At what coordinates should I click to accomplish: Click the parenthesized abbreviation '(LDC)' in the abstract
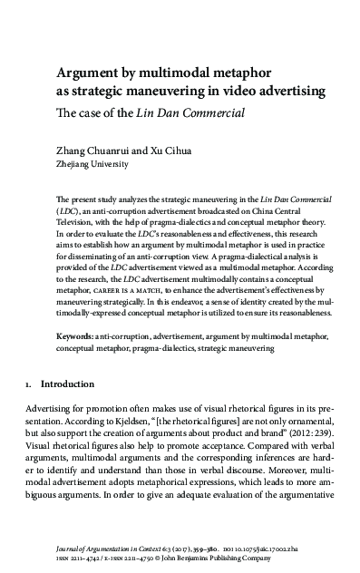click(x=68, y=209)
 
